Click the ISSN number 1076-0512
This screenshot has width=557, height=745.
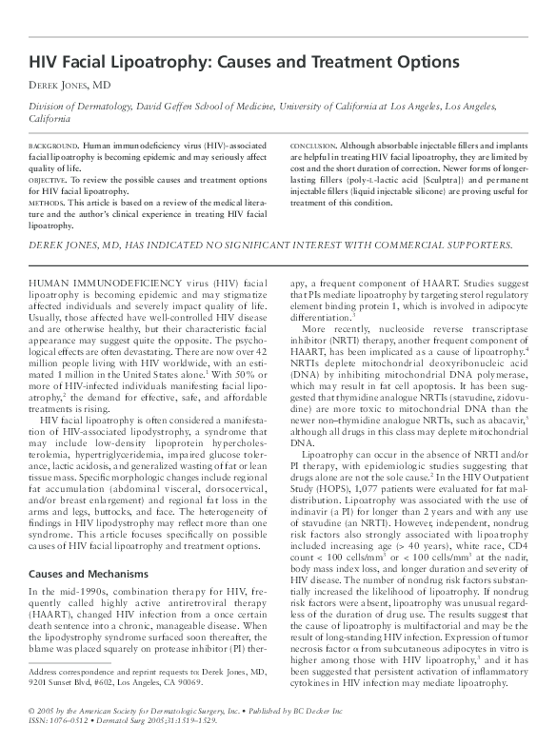[69, 720]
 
